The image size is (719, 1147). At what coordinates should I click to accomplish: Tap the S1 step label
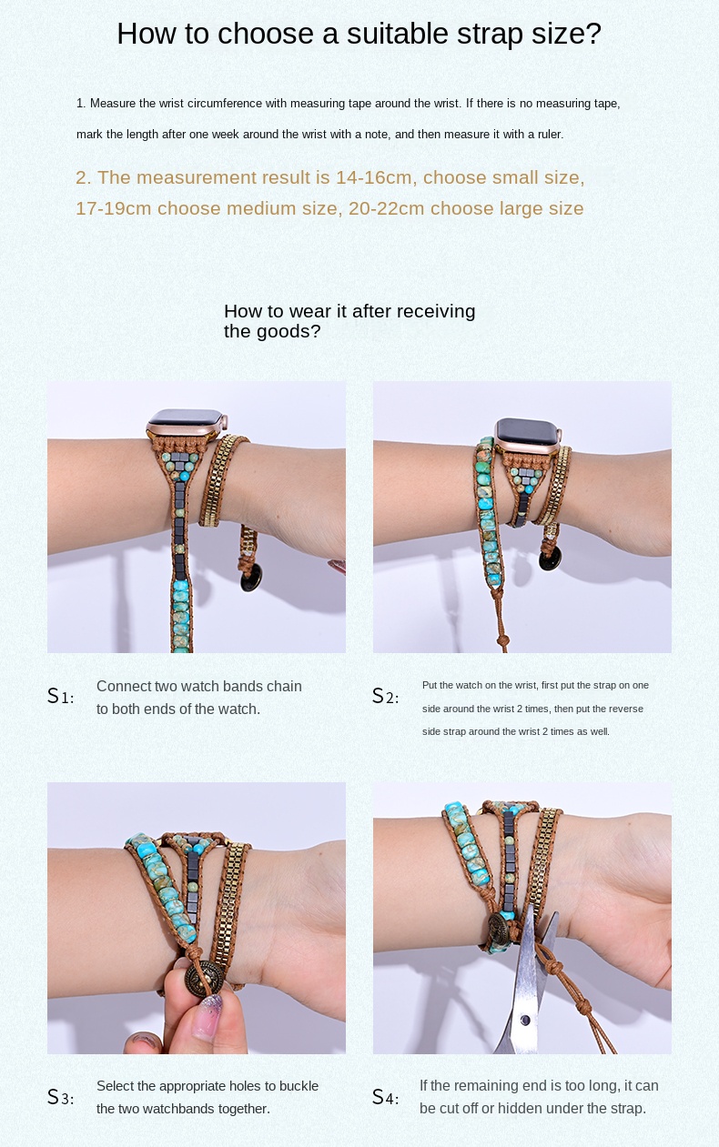pyautogui.click(x=60, y=697)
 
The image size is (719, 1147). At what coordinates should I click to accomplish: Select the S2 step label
pyautogui.click(x=385, y=697)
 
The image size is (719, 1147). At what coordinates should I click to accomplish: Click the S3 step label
pyautogui.click(x=60, y=1097)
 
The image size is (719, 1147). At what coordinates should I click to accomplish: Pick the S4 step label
pyautogui.click(x=385, y=1097)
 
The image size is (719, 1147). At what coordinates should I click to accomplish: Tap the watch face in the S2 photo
pyautogui.click(x=526, y=428)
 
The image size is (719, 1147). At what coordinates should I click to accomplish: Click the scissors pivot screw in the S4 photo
pyautogui.click(x=525, y=1021)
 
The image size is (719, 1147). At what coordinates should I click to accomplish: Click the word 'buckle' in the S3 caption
pyautogui.click(x=298, y=1086)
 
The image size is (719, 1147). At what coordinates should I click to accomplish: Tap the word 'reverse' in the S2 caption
pyautogui.click(x=625, y=709)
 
